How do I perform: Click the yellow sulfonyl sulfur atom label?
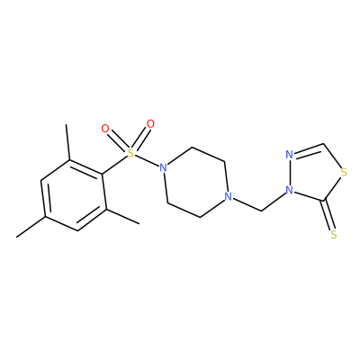[130, 153]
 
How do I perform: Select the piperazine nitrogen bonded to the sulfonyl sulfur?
[163, 167]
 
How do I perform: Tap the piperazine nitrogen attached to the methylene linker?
[229, 197]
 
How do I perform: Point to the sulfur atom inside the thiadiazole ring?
[344, 173]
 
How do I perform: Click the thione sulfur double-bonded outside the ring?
[334, 235]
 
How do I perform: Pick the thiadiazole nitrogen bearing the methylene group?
[289, 190]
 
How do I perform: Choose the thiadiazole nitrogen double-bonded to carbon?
[289, 155]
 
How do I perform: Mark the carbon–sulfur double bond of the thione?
[329, 216]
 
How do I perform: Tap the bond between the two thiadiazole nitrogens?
[289, 173]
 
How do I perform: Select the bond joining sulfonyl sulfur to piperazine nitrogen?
[147, 160]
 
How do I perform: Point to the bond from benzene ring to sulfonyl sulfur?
[115, 164]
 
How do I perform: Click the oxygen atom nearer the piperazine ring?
[150, 123]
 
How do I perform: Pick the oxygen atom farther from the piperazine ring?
[105, 129]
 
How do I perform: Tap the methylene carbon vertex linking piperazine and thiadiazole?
[261, 211]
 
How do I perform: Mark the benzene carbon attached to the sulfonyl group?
[102, 175]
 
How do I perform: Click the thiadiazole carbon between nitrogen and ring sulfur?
[324, 144]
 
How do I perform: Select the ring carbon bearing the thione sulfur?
[324, 200]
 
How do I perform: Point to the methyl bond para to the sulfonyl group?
[31, 227]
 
